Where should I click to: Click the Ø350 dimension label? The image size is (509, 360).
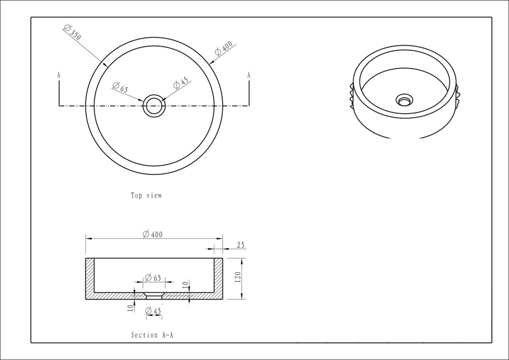point(72,32)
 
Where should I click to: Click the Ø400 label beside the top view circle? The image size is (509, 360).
point(223,48)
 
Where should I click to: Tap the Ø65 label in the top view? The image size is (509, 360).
point(120,87)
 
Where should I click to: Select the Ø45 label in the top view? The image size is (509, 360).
point(181,83)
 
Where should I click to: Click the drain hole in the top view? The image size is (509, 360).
point(154,106)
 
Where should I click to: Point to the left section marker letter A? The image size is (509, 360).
point(59,75)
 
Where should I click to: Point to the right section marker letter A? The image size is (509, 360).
point(249,75)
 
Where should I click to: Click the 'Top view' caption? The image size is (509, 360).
point(146,196)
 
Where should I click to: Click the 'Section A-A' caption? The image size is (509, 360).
point(152,335)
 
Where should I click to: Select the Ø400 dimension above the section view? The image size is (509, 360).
point(153,234)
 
